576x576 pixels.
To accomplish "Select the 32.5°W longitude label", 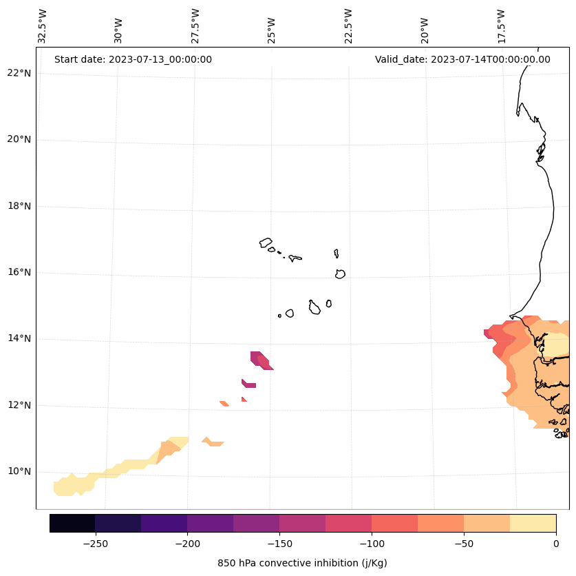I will [43, 26].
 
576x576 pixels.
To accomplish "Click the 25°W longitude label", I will [272, 26].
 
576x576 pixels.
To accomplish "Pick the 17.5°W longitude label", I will [502, 26].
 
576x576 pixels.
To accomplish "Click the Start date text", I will [133, 59].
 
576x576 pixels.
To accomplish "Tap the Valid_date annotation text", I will [462, 59].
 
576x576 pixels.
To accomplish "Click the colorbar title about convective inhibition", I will [302, 563].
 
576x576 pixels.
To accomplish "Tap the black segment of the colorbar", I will [72, 523].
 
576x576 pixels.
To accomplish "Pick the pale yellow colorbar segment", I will [533, 523].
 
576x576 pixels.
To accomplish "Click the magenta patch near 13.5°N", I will [260, 359].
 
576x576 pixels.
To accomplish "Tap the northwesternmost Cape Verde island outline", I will [266, 243].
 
